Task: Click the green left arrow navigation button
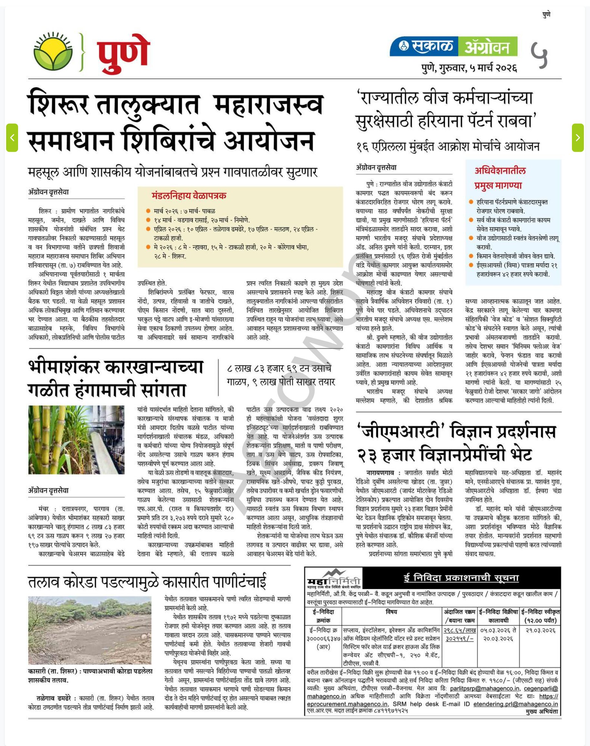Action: click(x=12, y=138)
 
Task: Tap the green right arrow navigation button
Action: click(x=577, y=138)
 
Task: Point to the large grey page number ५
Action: click(x=539, y=55)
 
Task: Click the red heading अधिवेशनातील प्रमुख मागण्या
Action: click(x=500, y=178)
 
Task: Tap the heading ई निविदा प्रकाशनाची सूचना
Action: click(x=461, y=578)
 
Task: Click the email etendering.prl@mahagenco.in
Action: click(x=515, y=704)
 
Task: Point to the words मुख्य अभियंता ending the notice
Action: click(x=541, y=712)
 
